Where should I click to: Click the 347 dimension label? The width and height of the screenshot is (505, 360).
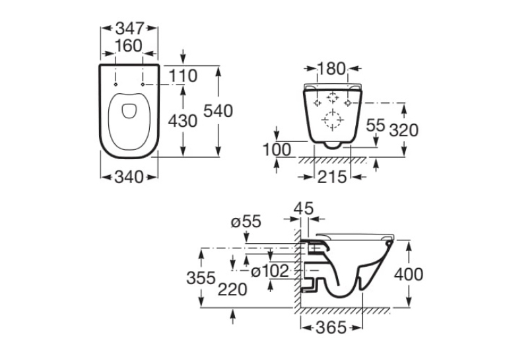click(129, 28)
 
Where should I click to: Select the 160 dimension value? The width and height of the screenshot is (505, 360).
click(129, 46)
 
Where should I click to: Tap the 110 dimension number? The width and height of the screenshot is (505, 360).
click(183, 76)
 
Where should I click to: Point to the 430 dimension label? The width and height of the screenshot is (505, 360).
click(183, 121)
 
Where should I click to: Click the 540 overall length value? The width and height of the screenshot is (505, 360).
click(218, 111)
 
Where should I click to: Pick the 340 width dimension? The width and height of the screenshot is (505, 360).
click(129, 177)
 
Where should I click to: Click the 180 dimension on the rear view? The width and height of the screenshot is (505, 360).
click(331, 69)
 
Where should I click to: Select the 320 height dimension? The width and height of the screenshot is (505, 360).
click(403, 130)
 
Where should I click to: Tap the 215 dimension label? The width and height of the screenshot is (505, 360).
click(332, 177)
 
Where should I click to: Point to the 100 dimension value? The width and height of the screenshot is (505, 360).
click(277, 149)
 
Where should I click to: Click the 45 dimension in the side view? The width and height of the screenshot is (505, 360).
click(304, 209)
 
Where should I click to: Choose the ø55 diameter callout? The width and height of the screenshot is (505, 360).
click(246, 222)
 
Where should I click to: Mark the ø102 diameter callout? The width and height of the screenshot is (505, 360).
click(270, 271)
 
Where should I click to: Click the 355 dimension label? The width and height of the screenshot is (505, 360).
click(201, 278)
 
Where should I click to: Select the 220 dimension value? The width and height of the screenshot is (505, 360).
click(232, 289)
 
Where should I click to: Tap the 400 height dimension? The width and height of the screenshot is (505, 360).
click(409, 275)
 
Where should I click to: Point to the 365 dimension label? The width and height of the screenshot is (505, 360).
click(331, 328)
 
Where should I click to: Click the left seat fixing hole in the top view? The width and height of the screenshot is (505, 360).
click(116, 85)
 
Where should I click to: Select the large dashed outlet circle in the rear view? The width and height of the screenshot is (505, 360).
click(333, 120)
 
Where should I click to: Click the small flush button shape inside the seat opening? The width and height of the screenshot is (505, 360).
click(129, 111)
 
